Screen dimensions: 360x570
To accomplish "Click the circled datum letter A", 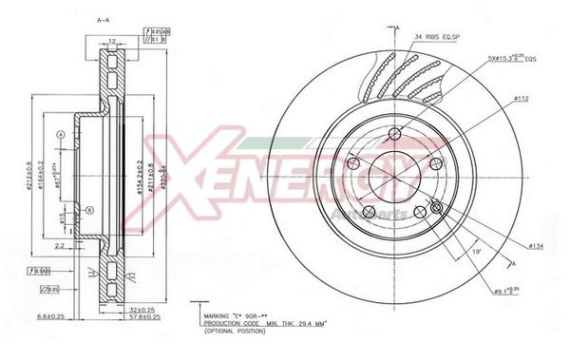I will (61, 136).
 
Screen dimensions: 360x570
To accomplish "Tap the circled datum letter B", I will (88, 210).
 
